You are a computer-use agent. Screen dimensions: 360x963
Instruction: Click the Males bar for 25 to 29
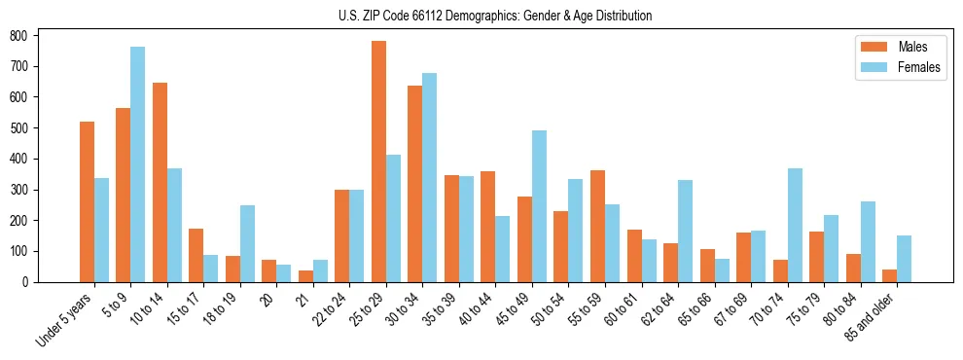(x=378, y=162)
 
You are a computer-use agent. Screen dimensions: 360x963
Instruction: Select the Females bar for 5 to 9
(x=138, y=164)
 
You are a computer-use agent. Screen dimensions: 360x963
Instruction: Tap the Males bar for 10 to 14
(x=160, y=182)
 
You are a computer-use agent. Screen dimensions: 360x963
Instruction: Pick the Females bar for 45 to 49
(x=539, y=206)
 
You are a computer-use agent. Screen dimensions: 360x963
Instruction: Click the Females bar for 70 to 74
(x=795, y=225)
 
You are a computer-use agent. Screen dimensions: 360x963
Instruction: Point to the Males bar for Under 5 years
(x=87, y=201)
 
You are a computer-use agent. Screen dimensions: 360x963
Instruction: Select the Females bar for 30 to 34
(x=430, y=177)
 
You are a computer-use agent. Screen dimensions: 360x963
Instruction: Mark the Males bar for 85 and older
(x=889, y=275)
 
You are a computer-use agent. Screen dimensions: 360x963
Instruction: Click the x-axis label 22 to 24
(x=328, y=308)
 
